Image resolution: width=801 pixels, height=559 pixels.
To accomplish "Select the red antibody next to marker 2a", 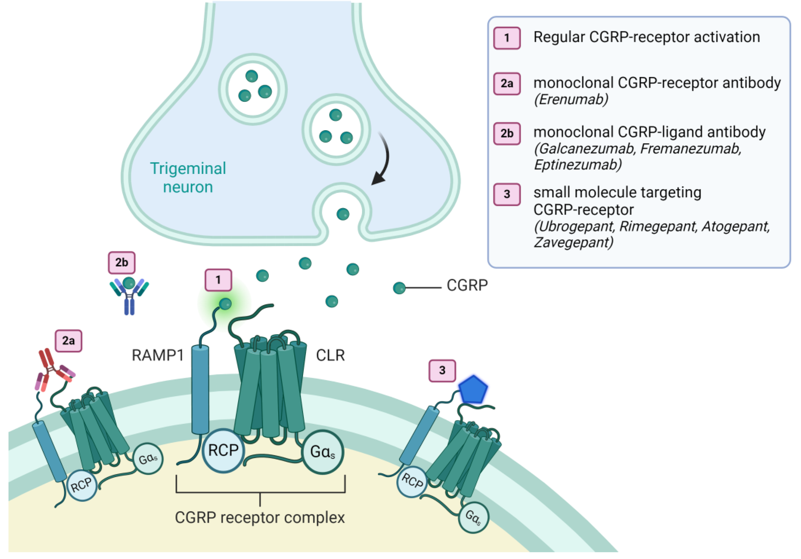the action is coord(54,370).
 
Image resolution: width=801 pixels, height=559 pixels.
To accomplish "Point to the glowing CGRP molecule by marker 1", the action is coord(225,304).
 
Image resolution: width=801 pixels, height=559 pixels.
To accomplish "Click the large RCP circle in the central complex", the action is coord(223,450).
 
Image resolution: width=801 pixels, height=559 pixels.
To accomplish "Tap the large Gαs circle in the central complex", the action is coord(323,452).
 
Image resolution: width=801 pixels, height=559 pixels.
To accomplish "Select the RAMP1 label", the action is coord(158,355).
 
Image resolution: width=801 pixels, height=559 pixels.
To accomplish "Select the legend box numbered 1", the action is coord(507,38).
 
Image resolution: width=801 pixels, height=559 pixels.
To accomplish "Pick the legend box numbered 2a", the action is coord(507,84).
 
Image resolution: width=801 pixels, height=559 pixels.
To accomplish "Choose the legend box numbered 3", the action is coord(507,194).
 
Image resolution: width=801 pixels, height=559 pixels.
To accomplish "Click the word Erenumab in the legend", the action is coord(571,100).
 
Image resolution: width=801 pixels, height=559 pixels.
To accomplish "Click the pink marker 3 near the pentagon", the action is coord(442,371).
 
